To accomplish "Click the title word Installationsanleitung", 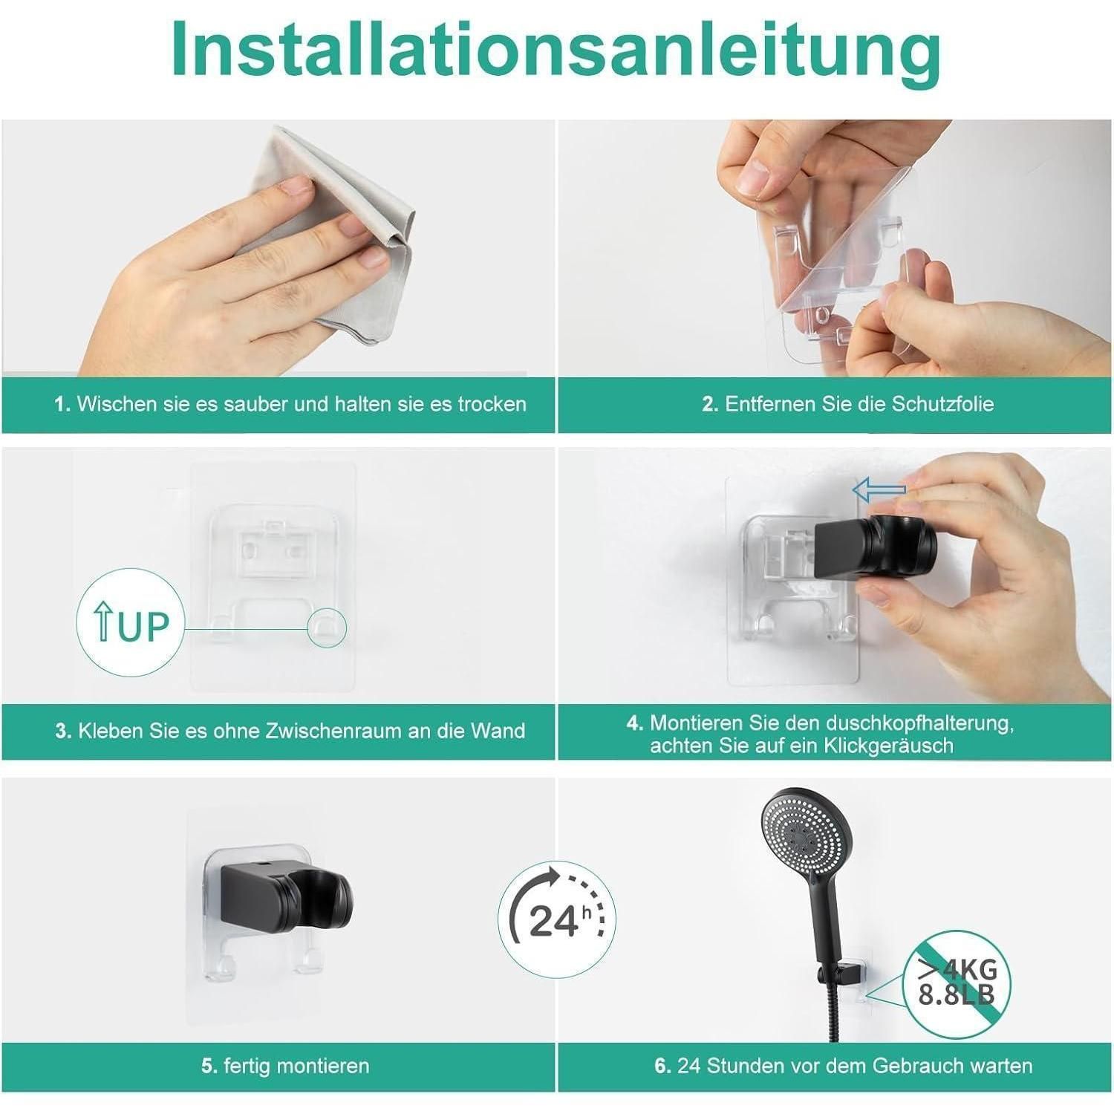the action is (556, 49).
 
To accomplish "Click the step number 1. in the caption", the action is (62, 404).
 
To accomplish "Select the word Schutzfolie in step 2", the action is (942, 404).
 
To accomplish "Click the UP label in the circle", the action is (133, 625).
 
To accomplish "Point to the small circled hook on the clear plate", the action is (327, 628).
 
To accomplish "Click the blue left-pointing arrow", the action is (879, 490).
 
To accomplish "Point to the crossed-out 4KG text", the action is (958, 969).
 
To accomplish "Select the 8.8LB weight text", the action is (957, 995).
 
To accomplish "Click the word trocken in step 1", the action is (492, 404).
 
